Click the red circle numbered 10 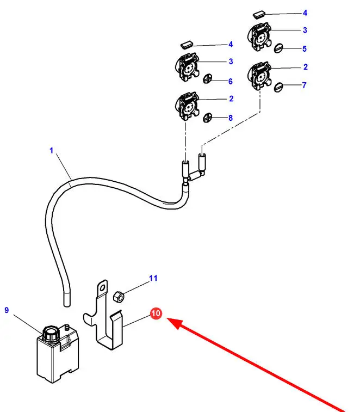coord(156,314)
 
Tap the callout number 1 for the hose coord(52,150)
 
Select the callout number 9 coord(7,310)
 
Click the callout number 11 coord(153,278)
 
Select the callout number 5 coord(305,48)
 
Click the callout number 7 coord(305,85)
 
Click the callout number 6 coord(230,81)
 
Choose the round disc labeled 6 coord(208,80)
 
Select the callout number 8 coord(230,118)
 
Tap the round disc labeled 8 coord(208,117)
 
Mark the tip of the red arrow coord(168,320)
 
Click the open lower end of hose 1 coord(66,299)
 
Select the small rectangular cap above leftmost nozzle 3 coord(187,43)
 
